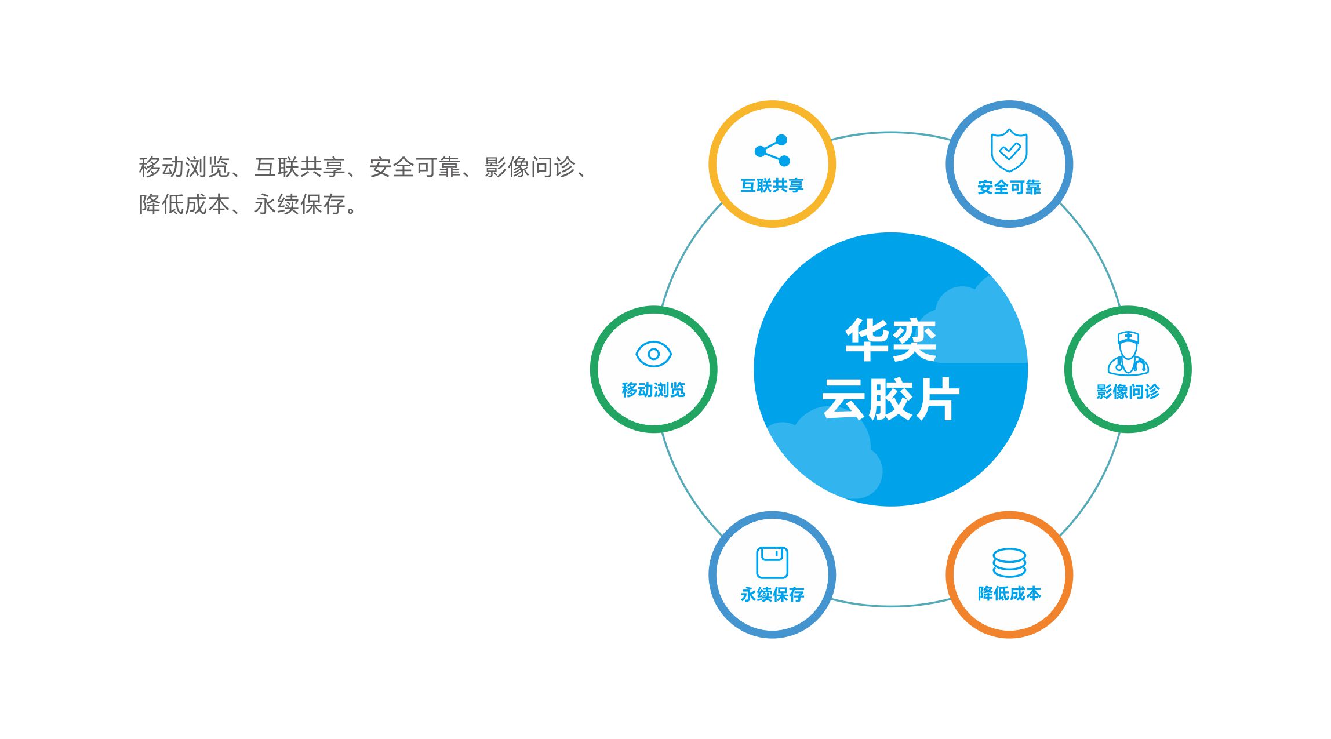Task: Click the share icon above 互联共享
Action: (772, 151)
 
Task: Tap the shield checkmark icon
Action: (1009, 151)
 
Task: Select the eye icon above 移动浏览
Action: (653, 354)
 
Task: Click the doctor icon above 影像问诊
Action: (1128, 353)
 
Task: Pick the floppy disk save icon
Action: (772, 562)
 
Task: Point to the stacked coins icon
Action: (1009, 563)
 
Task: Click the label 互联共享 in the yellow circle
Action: (772, 185)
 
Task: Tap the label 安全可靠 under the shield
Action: (1009, 187)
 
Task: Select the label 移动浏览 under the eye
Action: (653, 390)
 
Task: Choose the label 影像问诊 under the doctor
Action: (1128, 392)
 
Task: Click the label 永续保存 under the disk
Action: (772, 595)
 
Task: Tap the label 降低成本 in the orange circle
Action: (1009, 594)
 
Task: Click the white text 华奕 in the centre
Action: (890, 340)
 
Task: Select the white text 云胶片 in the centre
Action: (890, 399)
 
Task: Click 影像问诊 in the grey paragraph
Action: (530, 168)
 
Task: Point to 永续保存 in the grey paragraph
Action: (300, 204)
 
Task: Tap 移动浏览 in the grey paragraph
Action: (184, 168)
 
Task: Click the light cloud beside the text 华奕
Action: (980, 325)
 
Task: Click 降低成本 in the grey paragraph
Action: (184, 204)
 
